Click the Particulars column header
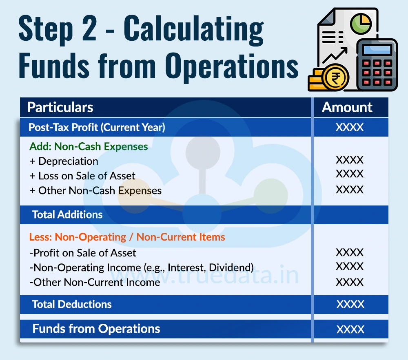click(60, 108)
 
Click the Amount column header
click(347, 108)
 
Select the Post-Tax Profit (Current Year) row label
click(97, 128)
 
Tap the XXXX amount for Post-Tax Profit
click(350, 128)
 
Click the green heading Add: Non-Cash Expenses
click(89, 146)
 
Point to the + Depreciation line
click(64, 161)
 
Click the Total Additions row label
click(67, 214)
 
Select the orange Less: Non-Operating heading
click(127, 237)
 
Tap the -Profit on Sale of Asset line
click(83, 253)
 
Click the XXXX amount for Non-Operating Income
click(350, 267)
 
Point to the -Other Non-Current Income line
click(95, 282)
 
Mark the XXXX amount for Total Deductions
click(350, 304)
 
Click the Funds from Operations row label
click(96, 329)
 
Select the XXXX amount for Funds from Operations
click(350, 329)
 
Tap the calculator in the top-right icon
click(377, 65)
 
